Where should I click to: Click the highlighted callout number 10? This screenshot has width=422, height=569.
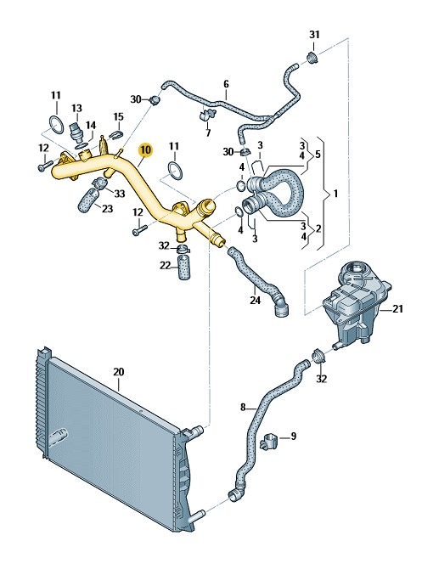point(146,149)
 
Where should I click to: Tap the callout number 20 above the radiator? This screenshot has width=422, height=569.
point(119,372)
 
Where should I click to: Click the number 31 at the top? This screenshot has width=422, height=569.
point(314,35)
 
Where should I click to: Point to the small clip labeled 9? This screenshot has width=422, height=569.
point(269,440)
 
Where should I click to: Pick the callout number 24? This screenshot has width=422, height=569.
point(255,301)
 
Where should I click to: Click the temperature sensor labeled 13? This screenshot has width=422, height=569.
point(76,132)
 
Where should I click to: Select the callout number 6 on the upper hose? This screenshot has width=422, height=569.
point(226,85)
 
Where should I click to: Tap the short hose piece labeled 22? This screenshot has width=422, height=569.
point(184,267)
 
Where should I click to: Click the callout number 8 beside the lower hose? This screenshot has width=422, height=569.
point(243,407)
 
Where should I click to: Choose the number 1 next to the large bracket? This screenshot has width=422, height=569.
point(336,194)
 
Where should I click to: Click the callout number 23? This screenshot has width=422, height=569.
point(107,209)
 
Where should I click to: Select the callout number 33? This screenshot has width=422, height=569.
point(120,194)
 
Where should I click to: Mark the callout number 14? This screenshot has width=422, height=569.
point(91,126)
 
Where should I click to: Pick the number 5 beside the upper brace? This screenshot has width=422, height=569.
point(318,155)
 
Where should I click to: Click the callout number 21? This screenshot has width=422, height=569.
point(397,309)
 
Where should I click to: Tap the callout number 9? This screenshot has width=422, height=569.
point(293,436)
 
